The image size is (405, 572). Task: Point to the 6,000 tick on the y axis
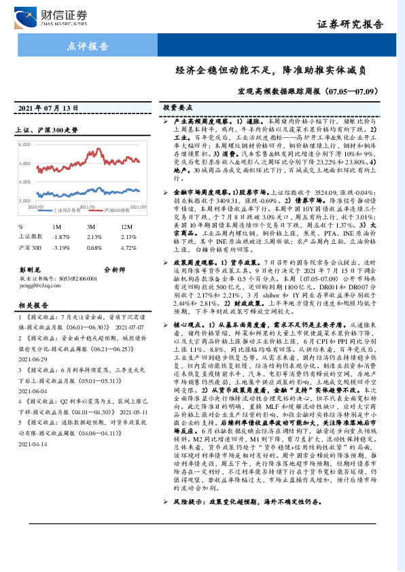click(27, 145)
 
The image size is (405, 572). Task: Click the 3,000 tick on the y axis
click(27, 201)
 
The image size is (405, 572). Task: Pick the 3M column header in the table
click(90, 226)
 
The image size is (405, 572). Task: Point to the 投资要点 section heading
click(177, 107)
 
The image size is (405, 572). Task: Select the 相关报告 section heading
click(31, 306)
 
